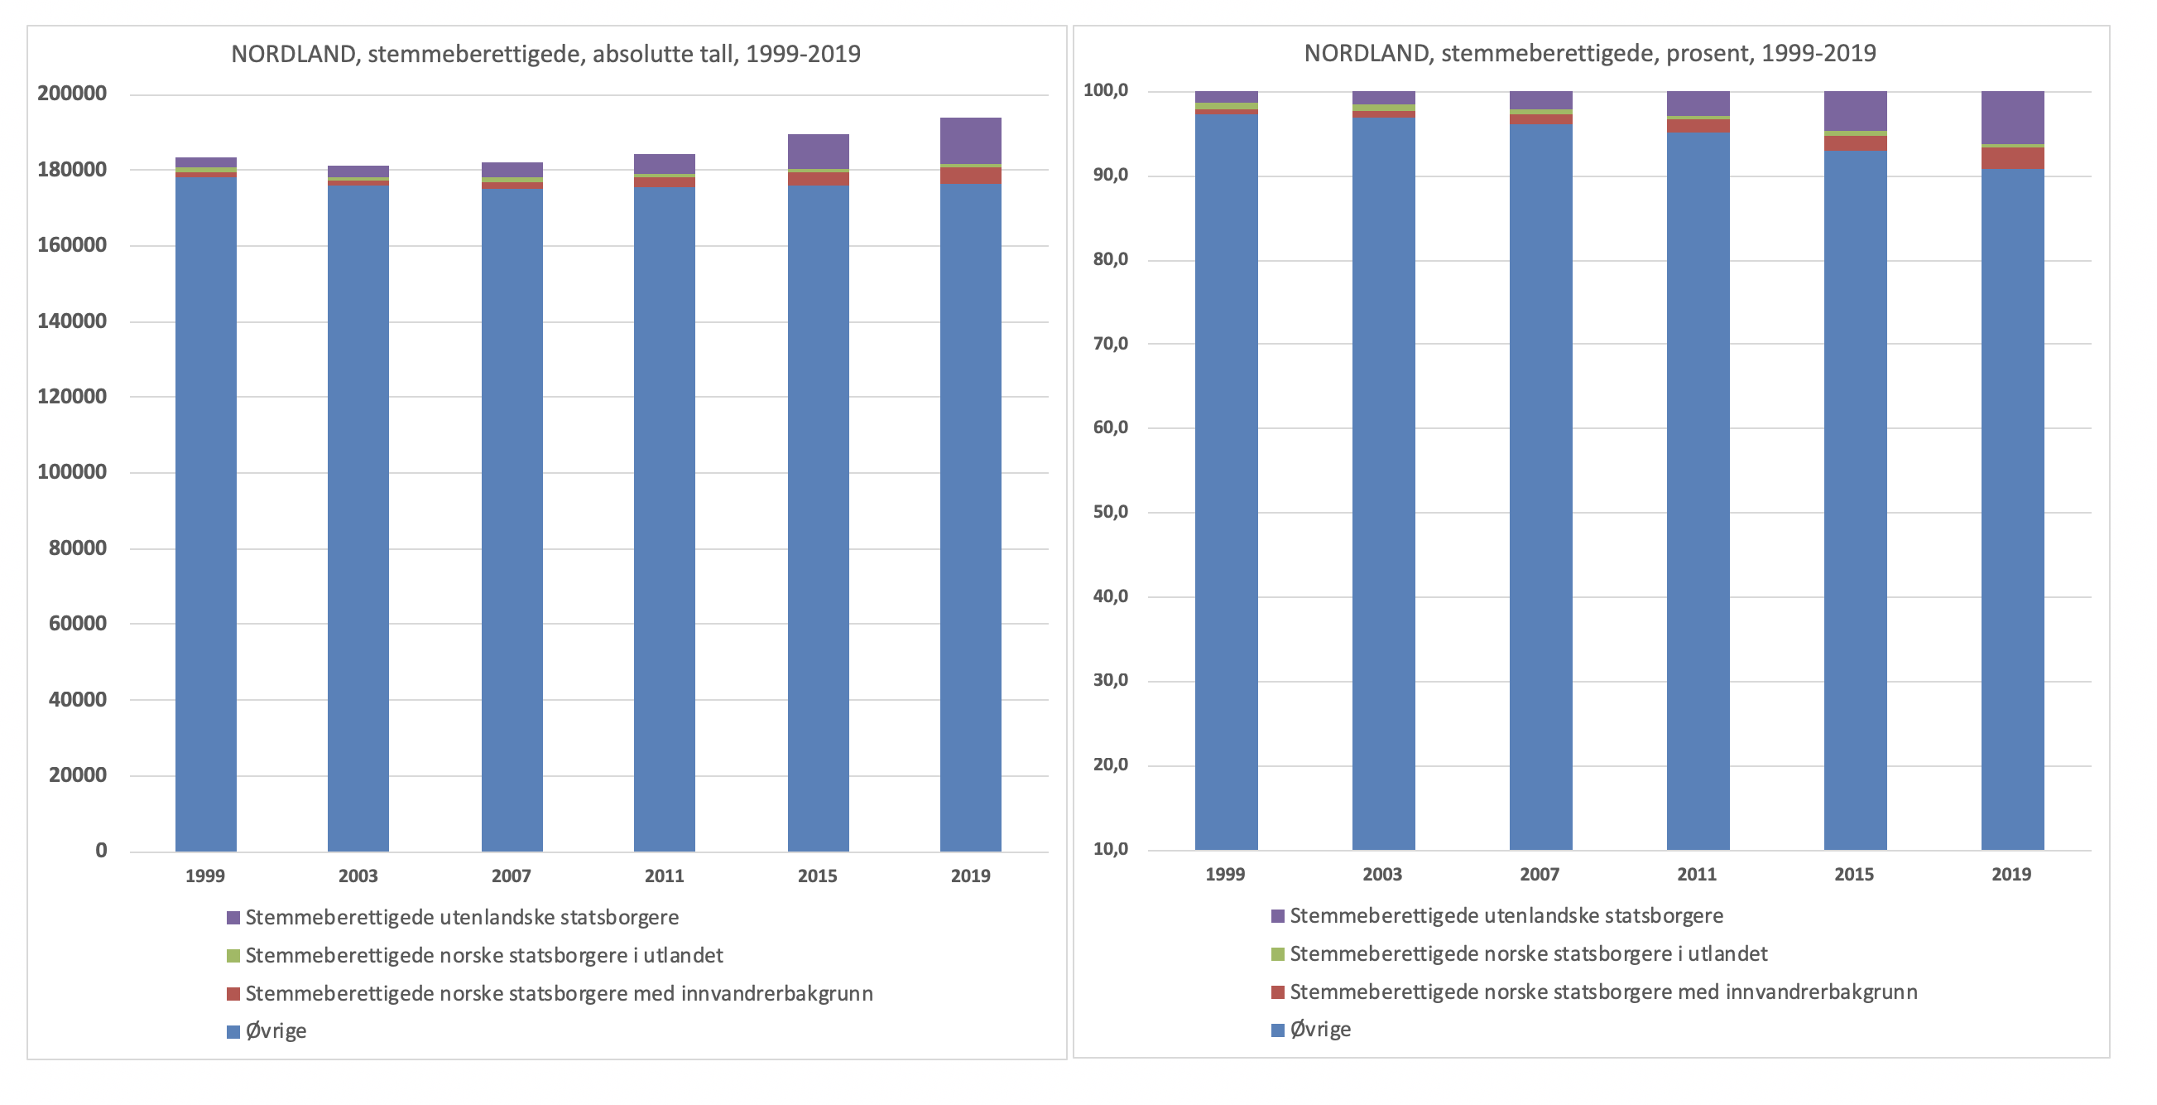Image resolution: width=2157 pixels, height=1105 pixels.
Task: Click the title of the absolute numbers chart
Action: tap(545, 54)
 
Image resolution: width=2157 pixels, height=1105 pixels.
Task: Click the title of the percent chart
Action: tap(1589, 53)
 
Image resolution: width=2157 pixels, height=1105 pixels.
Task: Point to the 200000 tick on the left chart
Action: tap(72, 93)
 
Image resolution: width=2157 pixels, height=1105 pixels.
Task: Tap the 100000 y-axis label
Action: tap(72, 471)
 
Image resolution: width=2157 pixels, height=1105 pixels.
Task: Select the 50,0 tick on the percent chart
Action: tap(1110, 512)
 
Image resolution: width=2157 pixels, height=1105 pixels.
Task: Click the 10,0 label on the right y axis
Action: tap(1110, 849)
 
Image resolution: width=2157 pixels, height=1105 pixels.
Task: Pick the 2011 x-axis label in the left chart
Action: tap(664, 876)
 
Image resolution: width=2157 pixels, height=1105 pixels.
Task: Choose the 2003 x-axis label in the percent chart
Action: tap(1382, 874)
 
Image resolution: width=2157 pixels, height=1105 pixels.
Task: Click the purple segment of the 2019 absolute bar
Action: tap(970, 141)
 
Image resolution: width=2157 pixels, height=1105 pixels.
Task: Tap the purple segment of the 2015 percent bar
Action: tap(1855, 111)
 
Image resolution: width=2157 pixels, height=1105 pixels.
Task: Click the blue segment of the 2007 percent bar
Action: tap(1540, 486)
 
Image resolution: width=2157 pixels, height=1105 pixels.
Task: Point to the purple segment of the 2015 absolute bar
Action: tap(818, 152)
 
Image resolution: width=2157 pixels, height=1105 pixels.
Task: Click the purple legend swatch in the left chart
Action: tap(233, 917)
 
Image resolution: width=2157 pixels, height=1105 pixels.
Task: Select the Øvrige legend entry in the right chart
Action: tap(1319, 1030)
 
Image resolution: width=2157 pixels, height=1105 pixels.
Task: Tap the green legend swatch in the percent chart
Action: tap(1278, 954)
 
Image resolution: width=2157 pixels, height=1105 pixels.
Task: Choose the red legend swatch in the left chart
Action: tap(233, 993)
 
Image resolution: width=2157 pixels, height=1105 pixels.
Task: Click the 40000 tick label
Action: tap(78, 698)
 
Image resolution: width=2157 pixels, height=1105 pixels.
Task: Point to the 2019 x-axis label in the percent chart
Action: tap(2011, 874)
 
